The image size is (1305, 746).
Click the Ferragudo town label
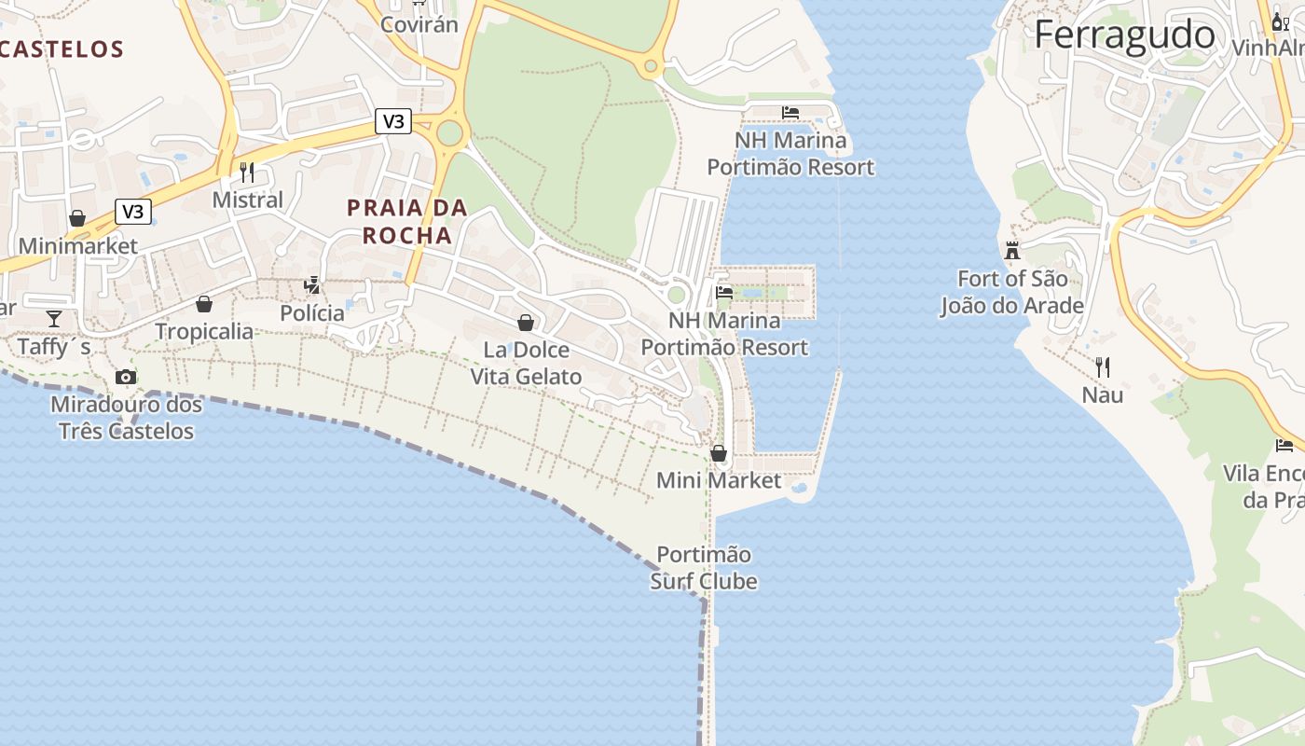pyautogui.click(x=1124, y=35)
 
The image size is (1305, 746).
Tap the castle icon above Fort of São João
pyautogui.click(x=1012, y=250)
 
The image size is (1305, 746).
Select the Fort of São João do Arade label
pyautogui.click(x=1012, y=292)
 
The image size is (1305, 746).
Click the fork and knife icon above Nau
pyautogui.click(x=1103, y=366)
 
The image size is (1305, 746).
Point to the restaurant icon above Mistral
pyautogui.click(x=247, y=172)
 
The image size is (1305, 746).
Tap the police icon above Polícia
pyautogui.click(x=312, y=285)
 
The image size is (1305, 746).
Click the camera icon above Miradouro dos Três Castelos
pyautogui.click(x=126, y=377)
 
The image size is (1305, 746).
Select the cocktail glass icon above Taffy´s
pyautogui.click(x=54, y=318)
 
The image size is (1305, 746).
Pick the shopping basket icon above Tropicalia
pyautogui.click(x=204, y=304)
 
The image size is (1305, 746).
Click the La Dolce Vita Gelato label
pyautogui.click(x=526, y=364)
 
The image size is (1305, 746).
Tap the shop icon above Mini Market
pyautogui.click(x=719, y=453)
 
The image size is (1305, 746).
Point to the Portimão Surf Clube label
pyautogui.click(x=704, y=568)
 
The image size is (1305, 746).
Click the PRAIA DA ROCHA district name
pyautogui.click(x=407, y=221)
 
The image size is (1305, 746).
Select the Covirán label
pyautogui.click(x=419, y=24)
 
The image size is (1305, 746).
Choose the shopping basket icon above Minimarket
pyautogui.click(x=77, y=218)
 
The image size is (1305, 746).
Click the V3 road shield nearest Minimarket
pyautogui.click(x=133, y=212)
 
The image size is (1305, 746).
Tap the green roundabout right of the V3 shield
pyautogui.click(x=449, y=133)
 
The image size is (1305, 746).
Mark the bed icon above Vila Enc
pyautogui.click(x=1284, y=445)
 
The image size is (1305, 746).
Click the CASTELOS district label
pyautogui.click(x=62, y=49)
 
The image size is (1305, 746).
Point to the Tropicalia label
pyautogui.click(x=204, y=331)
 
